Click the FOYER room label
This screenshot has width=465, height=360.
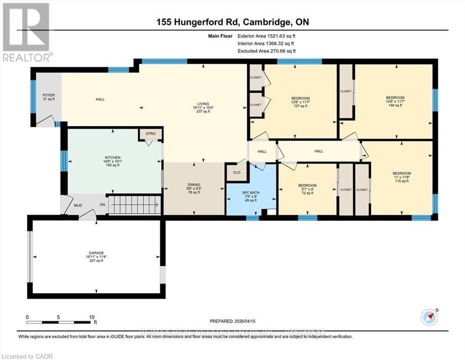pos(49,95)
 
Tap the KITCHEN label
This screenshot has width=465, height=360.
pos(113,157)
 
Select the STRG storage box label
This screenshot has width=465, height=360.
pos(150,134)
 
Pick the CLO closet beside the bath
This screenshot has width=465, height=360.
pos(236,172)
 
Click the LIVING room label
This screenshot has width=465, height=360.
pos(203,104)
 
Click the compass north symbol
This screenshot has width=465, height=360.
pos(429,317)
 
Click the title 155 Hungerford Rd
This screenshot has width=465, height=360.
pos(232,22)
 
